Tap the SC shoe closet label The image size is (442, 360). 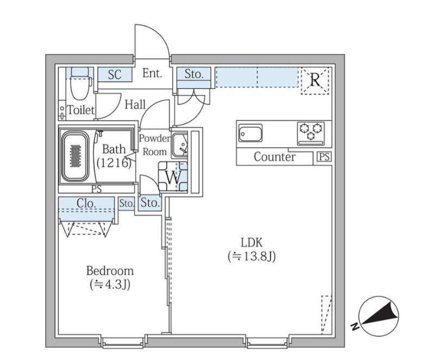[x=115, y=74]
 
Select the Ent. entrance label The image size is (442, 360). [x=152, y=74]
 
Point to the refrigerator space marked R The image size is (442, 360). [x=315, y=80]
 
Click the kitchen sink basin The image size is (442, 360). [x=250, y=134]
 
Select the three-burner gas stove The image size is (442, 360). [x=311, y=133]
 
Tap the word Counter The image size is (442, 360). [x=275, y=157]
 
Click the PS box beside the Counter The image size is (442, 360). [x=324, y=157]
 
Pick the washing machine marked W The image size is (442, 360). [x=173, y=177]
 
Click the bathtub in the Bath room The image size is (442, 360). [x=75, y=156]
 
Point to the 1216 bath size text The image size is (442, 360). [x=114, y=163]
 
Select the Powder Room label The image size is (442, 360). [x=154, y=145]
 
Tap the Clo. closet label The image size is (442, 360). [x=86, y=203]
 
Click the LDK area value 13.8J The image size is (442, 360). [x=251, y=256]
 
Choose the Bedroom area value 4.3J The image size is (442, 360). [x=110, y=285]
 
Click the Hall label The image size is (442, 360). [x=135, y=105]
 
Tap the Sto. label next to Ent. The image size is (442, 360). [x=194, y=74]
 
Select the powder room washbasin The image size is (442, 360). [x=180, y=144]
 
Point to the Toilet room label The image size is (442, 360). [x=81, y=110]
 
